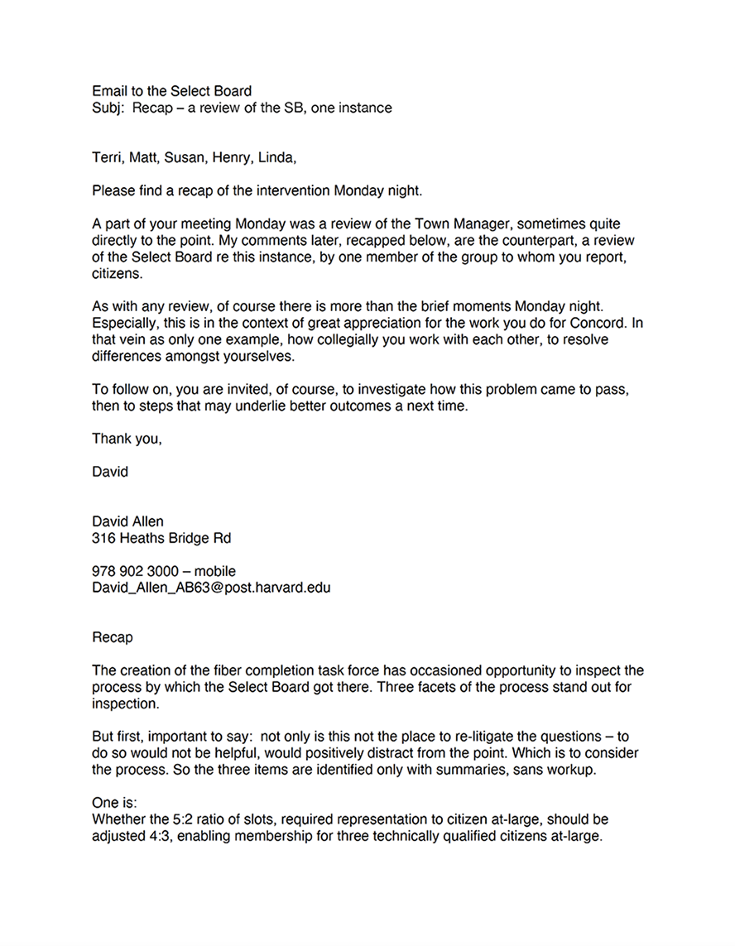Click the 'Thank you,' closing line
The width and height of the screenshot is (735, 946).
point(127,439)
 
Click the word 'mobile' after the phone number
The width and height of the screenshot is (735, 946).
point(215,571)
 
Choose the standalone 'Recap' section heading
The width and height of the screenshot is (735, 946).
point(112,638)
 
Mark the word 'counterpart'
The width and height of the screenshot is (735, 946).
point(514,241)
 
